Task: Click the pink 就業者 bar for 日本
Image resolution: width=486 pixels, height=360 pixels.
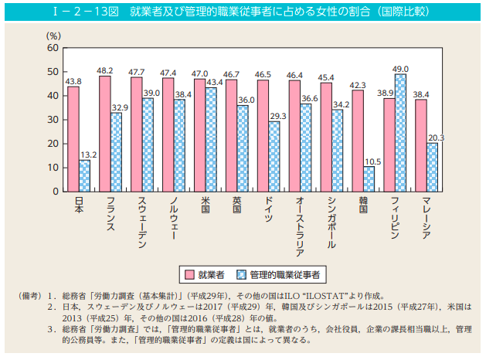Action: pyautogui.click(x=73, y=139)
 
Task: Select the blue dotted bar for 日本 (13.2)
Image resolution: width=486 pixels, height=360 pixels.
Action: pyautogui.click(x=84, y=175)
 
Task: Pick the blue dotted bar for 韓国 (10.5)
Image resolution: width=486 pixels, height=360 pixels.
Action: pyautogui.click(x=369, y=178)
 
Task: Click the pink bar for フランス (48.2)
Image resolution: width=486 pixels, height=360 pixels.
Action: pyautogui.click(x=105, y=134)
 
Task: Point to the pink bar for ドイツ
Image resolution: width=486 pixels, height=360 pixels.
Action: pyautogui.click(x=263, y=136)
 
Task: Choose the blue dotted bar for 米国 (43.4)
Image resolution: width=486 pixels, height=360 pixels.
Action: pyautogui.click(x=211, y=139)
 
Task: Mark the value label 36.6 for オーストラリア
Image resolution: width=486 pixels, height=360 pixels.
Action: pyautogui.click(x=310, y=98)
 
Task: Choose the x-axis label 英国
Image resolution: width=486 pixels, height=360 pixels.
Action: pyautogui.click(x=237, y=206)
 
